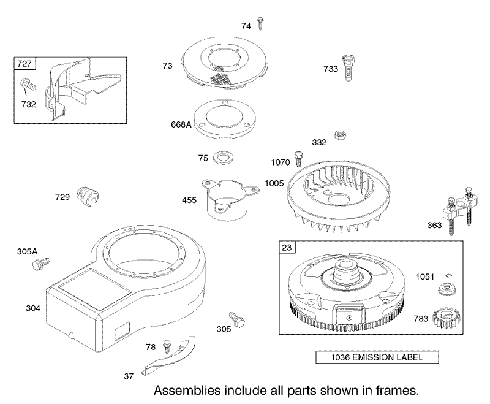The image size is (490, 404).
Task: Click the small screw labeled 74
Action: (x=260, y=23)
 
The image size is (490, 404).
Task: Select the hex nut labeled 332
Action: (x=340, y=135)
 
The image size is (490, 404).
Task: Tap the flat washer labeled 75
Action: (x=224, y=158)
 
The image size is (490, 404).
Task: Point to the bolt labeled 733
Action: (x=349, y=67)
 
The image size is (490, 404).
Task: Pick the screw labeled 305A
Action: (x=41, y=263)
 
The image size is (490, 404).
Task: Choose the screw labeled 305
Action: (x=237, y=319)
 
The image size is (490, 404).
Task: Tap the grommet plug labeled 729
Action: (x=88, y=196)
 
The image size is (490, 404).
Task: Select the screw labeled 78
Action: (x=167, y=347)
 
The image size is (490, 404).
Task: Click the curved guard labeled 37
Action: (x=170, y=357)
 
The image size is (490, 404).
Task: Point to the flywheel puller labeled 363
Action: (x=458, y=210)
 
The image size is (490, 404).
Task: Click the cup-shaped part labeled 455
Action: (x=232, y=198)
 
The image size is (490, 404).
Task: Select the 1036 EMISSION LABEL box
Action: (x=377, y=357)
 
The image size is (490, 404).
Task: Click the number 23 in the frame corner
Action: (x=287, y=247)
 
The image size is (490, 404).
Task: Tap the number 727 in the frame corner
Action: (x=24, y=64)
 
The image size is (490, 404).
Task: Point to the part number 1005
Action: (x=274, y=183)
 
